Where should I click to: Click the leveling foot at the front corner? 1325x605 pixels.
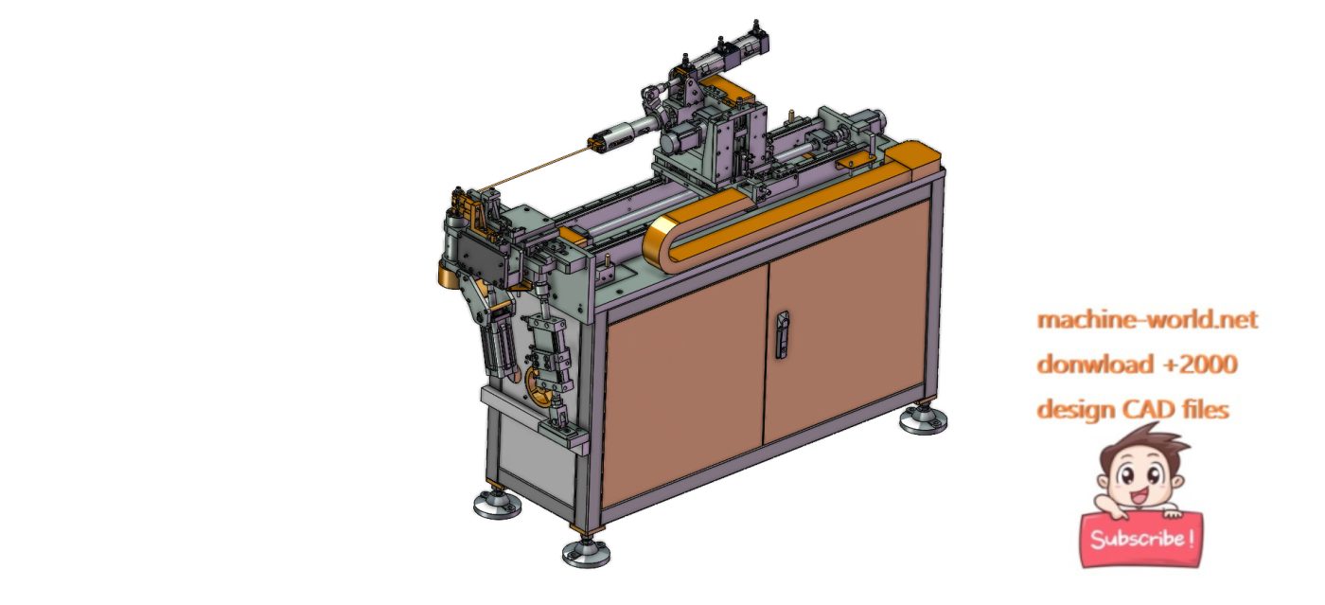coord(586,552)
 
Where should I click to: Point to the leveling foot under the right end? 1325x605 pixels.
coord(923,418)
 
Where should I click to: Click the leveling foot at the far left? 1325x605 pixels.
coord(497,505)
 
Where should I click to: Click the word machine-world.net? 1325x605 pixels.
coord(1147,320)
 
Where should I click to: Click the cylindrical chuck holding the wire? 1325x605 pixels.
coord(625,133)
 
